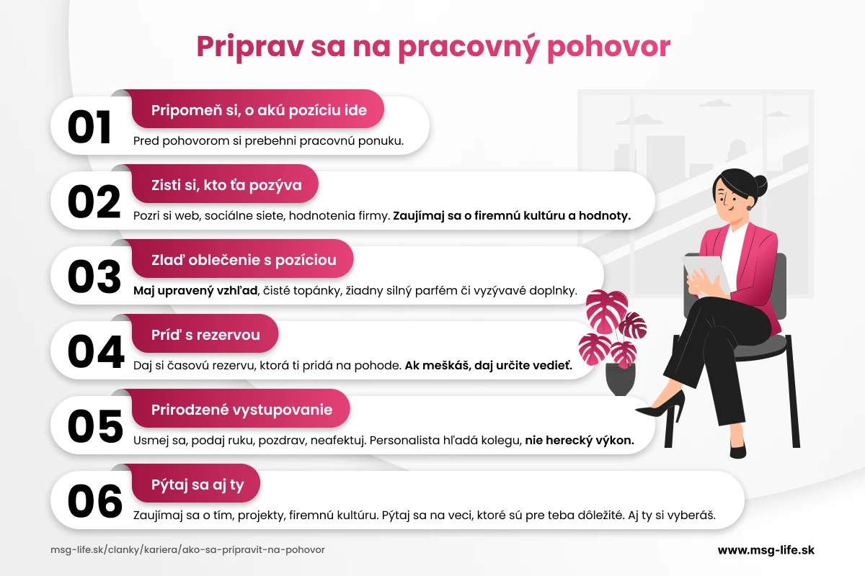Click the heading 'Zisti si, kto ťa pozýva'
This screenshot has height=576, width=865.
point(226,186)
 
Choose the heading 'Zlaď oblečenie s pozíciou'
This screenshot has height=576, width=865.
point(244,260)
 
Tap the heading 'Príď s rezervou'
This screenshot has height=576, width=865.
point(205,335)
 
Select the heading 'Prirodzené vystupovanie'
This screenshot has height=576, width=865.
point(241,410)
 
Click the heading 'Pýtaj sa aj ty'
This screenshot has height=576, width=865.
point(198,485)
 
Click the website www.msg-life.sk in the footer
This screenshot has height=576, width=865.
point(766,549)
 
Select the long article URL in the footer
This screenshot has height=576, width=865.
point(187,549)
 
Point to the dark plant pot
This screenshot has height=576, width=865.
point(621,379)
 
